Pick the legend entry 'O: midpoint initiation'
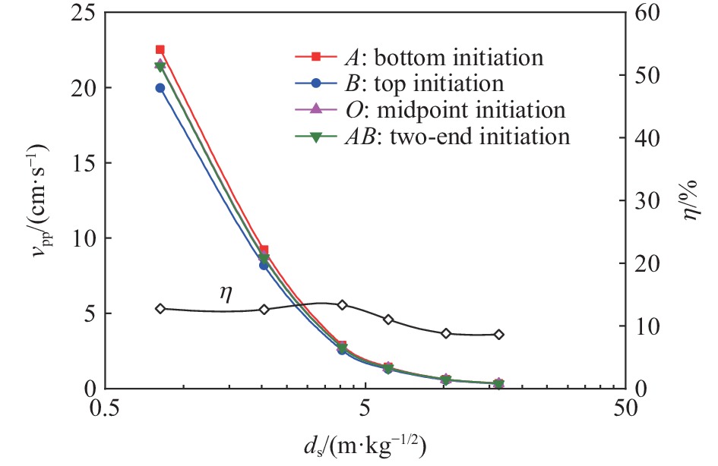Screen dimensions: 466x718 pyautogui.click(x=431, y=110)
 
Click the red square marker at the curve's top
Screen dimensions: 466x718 pyautogui.click(x=160, y=49)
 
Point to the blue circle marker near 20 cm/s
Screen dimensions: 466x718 pyautogui.click(x=160, y=88)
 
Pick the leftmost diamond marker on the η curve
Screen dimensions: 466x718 pyautogui.click(x=160, y=309)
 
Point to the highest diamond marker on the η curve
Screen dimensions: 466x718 pyautogui.click(x=342, y=305)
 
